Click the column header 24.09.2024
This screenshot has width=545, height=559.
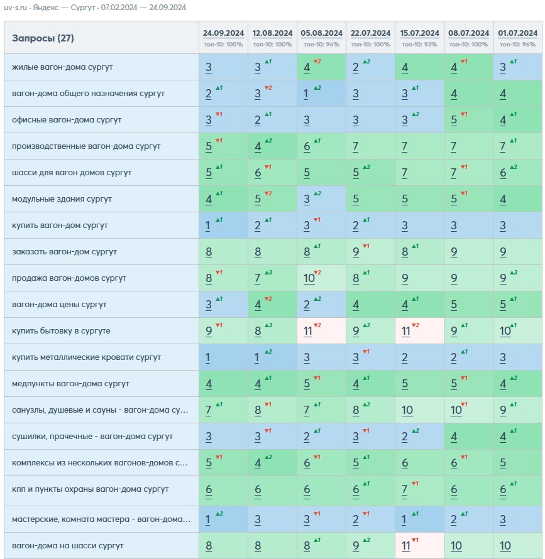point(223,33)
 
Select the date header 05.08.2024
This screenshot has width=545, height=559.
point(322,33)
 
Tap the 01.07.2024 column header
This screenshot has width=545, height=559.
point(517,33)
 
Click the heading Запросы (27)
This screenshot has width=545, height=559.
point(43,38)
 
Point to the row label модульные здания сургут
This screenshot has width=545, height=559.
point(62,199)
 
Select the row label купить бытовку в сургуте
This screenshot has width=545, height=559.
point(61,331)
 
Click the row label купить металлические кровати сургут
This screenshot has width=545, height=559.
point(86,357)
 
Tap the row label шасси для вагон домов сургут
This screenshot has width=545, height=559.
point(72,173)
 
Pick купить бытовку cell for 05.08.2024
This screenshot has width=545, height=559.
point(322,331)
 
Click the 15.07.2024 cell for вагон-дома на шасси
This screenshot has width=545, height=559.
point(419,545)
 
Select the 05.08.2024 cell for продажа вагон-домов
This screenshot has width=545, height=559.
point(322,278)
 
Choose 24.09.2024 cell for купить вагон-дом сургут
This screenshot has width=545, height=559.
point(223,225)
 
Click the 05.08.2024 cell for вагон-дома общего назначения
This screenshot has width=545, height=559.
point(322,94)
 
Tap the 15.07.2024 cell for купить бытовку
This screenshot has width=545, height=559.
point(419,331)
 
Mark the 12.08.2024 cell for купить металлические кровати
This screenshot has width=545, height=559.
point(272,357)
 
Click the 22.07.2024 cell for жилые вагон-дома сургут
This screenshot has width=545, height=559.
point(370,67)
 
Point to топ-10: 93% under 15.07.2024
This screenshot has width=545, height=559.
point(419,45)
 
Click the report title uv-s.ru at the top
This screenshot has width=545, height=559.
point(15,8)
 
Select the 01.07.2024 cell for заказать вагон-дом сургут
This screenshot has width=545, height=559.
point(517,252)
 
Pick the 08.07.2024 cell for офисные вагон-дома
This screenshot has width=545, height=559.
point(468,120)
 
